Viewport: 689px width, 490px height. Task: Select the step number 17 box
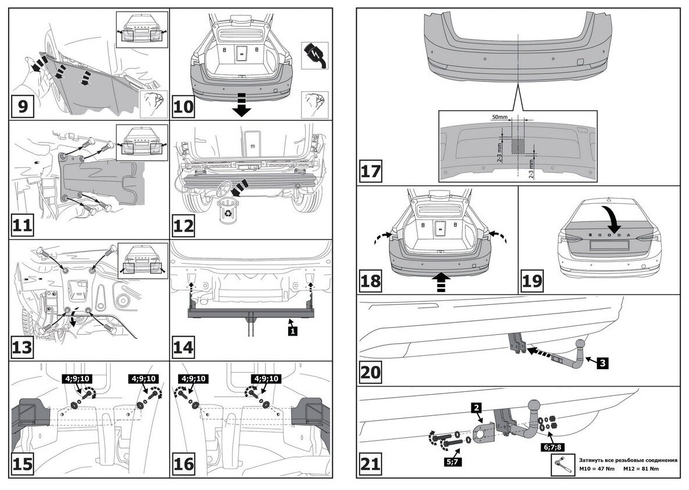(x=372, y=172)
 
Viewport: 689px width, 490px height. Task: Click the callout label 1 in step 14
(x=293, y=331)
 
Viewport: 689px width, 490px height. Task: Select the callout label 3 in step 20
(x=603, y=363)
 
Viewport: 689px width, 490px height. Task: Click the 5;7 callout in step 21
(x=455, y=461)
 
